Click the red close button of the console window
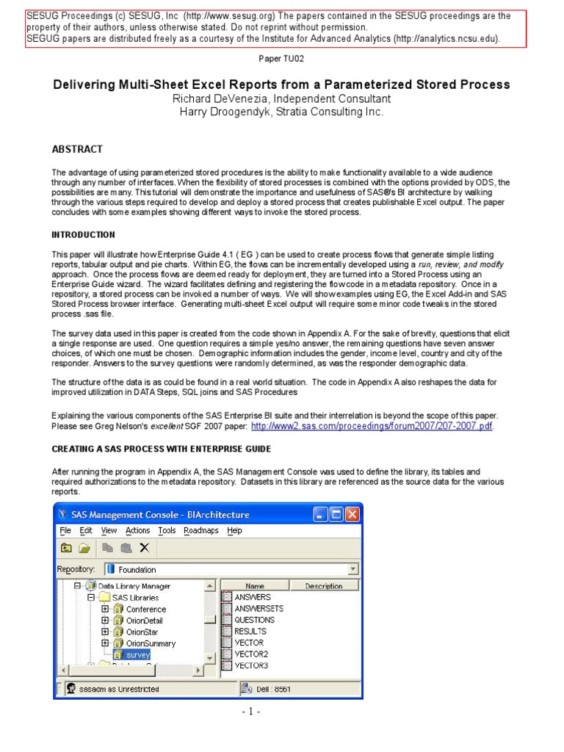[353, 515]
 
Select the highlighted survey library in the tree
[137, 654]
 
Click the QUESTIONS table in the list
[254, 620]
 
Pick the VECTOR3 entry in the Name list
[251, 665]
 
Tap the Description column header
[324, 586]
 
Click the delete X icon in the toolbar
[144, 548]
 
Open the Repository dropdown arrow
[352, 569]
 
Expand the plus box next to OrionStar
[106, 632]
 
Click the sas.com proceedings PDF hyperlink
[372, 426]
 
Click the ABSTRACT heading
[77, 149]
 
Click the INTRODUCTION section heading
[83, 235]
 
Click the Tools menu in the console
[167, 531]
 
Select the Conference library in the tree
[145, 609]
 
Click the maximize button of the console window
[337, 515]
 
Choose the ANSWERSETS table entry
[258, 609]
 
